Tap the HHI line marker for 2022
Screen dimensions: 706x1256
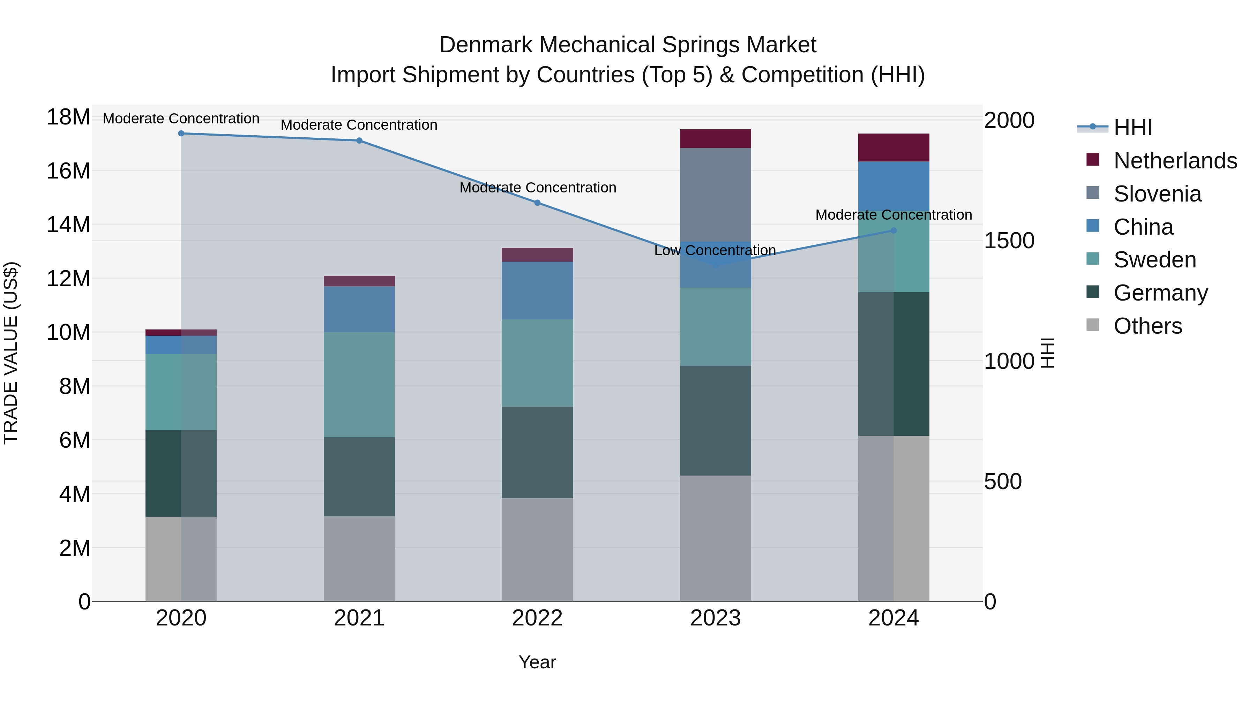[x=537, y=203]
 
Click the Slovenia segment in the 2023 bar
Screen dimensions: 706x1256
[x=715, y=195]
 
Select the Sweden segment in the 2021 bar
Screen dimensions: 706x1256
[x=359, y=385]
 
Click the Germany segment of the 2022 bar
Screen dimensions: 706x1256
[x=537, y=452]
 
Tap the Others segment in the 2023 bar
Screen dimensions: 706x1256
[x=715, y=538]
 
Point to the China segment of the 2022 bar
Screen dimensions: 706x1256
[x=537, y=290]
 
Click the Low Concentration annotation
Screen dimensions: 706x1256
[x=715, y=250]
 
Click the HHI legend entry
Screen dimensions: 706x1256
[x=1132, y=128]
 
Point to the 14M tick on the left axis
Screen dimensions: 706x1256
[x=68, y=225]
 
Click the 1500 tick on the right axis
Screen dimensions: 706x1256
[x=1009, y=241]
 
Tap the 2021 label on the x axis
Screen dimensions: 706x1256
[x=359, y=618]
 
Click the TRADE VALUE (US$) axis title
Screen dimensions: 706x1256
[x=11, y=353]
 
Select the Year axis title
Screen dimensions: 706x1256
[x=537, y=662]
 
